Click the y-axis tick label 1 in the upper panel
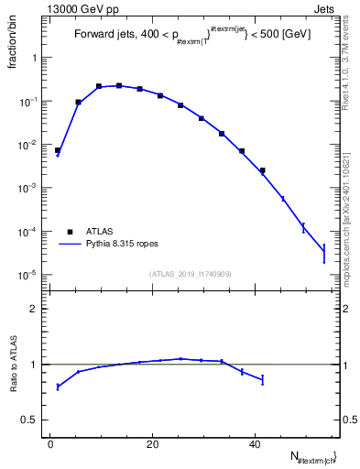pyautogui.click(x=35, y=58)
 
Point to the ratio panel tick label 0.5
pyautogui.click(x=30, y=420)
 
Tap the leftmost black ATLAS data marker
pyautogui.click(x=58, y=150)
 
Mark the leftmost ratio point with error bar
pyautogui.click(x=58, y=387)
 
